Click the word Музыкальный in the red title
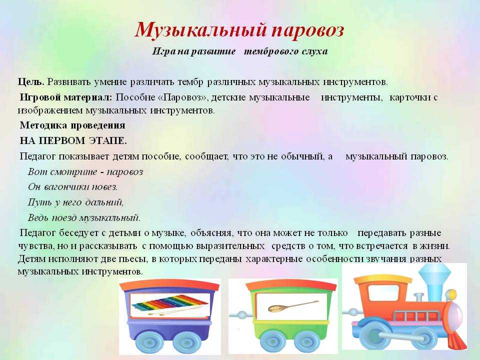(x=200, y=30)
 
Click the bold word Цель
(x=31, y=82)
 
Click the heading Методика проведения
(x=72, y=125)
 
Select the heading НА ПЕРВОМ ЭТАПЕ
(x=73, y=140)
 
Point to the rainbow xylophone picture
(x=169, y=305)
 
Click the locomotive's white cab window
(x=383, y=293)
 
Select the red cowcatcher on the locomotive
(x=457, y=338)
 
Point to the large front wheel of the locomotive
(x=373, y=333)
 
